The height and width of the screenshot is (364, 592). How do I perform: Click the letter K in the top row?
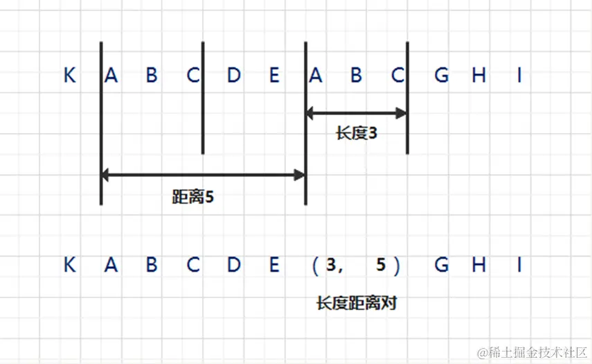click(x=69, y=76)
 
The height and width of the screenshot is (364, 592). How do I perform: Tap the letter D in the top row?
click(x=233, y=76)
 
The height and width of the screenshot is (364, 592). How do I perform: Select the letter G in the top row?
click(x=441, y=76)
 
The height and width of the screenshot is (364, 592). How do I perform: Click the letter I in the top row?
click(x=519, y=76)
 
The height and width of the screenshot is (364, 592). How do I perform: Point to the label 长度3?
click(x=357, y=133)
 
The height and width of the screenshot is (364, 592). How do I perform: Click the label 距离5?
click(x=193, y=197)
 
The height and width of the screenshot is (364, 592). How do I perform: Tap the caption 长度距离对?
click(x=356, y=303)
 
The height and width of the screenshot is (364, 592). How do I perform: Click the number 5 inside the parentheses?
click(x=380, y=266)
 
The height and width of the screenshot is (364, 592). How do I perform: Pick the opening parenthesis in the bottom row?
click(x=314, y=266)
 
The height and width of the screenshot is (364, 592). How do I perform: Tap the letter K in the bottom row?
click(x=69, y=265)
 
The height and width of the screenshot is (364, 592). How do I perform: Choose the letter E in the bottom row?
click(x=274, y=265)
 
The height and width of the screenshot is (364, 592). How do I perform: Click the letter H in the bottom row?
click(x=479, y=265)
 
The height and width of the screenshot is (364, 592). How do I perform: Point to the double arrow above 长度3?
click(x=356, y=112)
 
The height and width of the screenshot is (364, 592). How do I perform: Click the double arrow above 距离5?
click(x=204, y=175)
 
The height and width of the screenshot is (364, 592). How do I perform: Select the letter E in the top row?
click(x=274, y=76)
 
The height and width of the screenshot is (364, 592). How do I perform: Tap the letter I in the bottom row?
click(x=519, y=265)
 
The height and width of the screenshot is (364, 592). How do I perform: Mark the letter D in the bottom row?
click(x=233, y=265)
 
